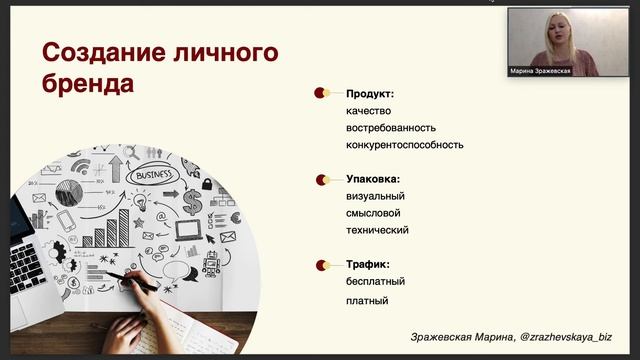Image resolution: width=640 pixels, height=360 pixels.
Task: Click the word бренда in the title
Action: [x=87, y=84]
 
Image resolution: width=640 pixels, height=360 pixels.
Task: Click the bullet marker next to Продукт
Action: [x=321, y=93]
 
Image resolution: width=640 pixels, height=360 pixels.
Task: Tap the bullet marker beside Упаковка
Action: [x=321, y=180]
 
